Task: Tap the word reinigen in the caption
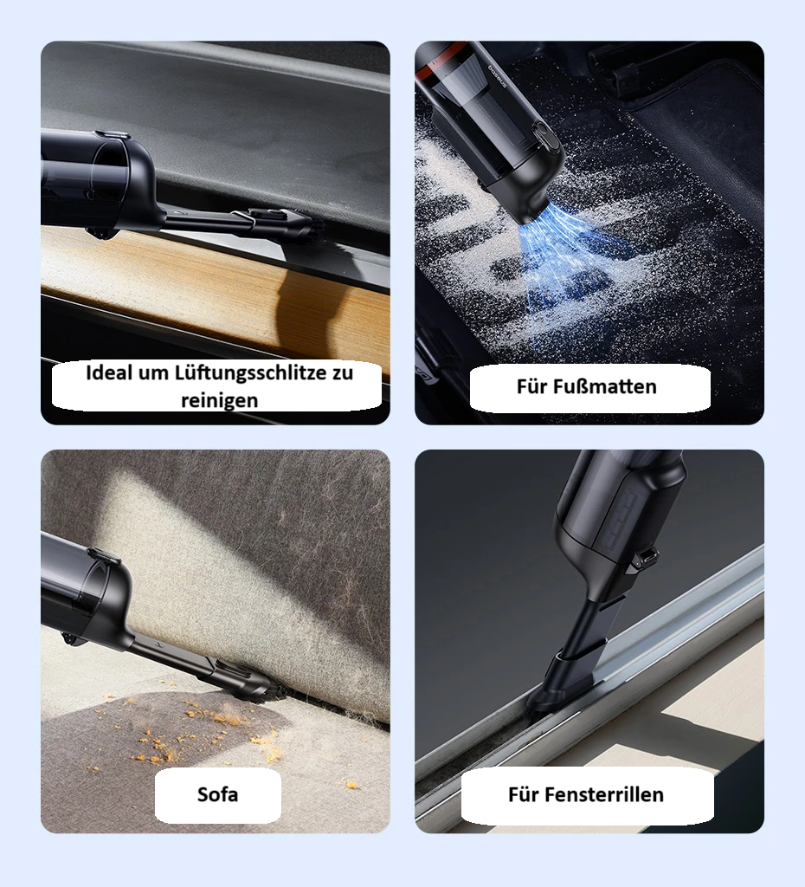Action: pyautogui.click(x=220, y=399)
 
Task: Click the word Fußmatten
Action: pyautogui.click(x=603, y=386)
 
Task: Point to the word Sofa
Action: pyautogui.click(x=217, y=793)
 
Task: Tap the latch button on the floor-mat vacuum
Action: pyautogui.click(x=544, y=138)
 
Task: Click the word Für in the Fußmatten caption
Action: pyautogui.click(x=532, y=386)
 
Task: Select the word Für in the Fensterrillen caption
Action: pyautogui.click(x=524, y=793)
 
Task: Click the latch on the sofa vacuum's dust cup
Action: pyautogui.click(x=103, y=554)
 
